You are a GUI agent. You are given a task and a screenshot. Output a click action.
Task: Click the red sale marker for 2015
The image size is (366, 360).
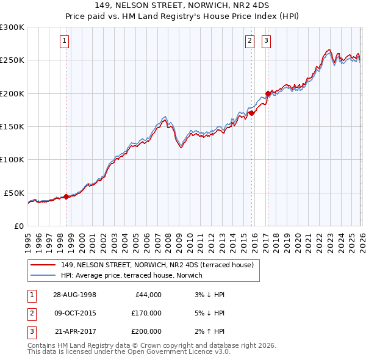pos(251,113)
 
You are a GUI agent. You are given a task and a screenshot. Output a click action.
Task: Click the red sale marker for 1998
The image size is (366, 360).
pos(66,196)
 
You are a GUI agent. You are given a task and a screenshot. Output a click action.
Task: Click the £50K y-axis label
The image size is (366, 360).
pos(13,193)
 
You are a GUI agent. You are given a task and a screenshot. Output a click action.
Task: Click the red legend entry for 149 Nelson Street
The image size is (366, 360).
pos(160,265)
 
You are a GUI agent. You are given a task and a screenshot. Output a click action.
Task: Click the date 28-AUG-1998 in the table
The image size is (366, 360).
pos(74,295)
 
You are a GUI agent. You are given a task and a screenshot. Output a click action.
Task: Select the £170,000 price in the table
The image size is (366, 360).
pos(146,313)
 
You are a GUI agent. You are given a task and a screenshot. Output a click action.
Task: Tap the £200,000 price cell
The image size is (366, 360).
pos(146,331)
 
